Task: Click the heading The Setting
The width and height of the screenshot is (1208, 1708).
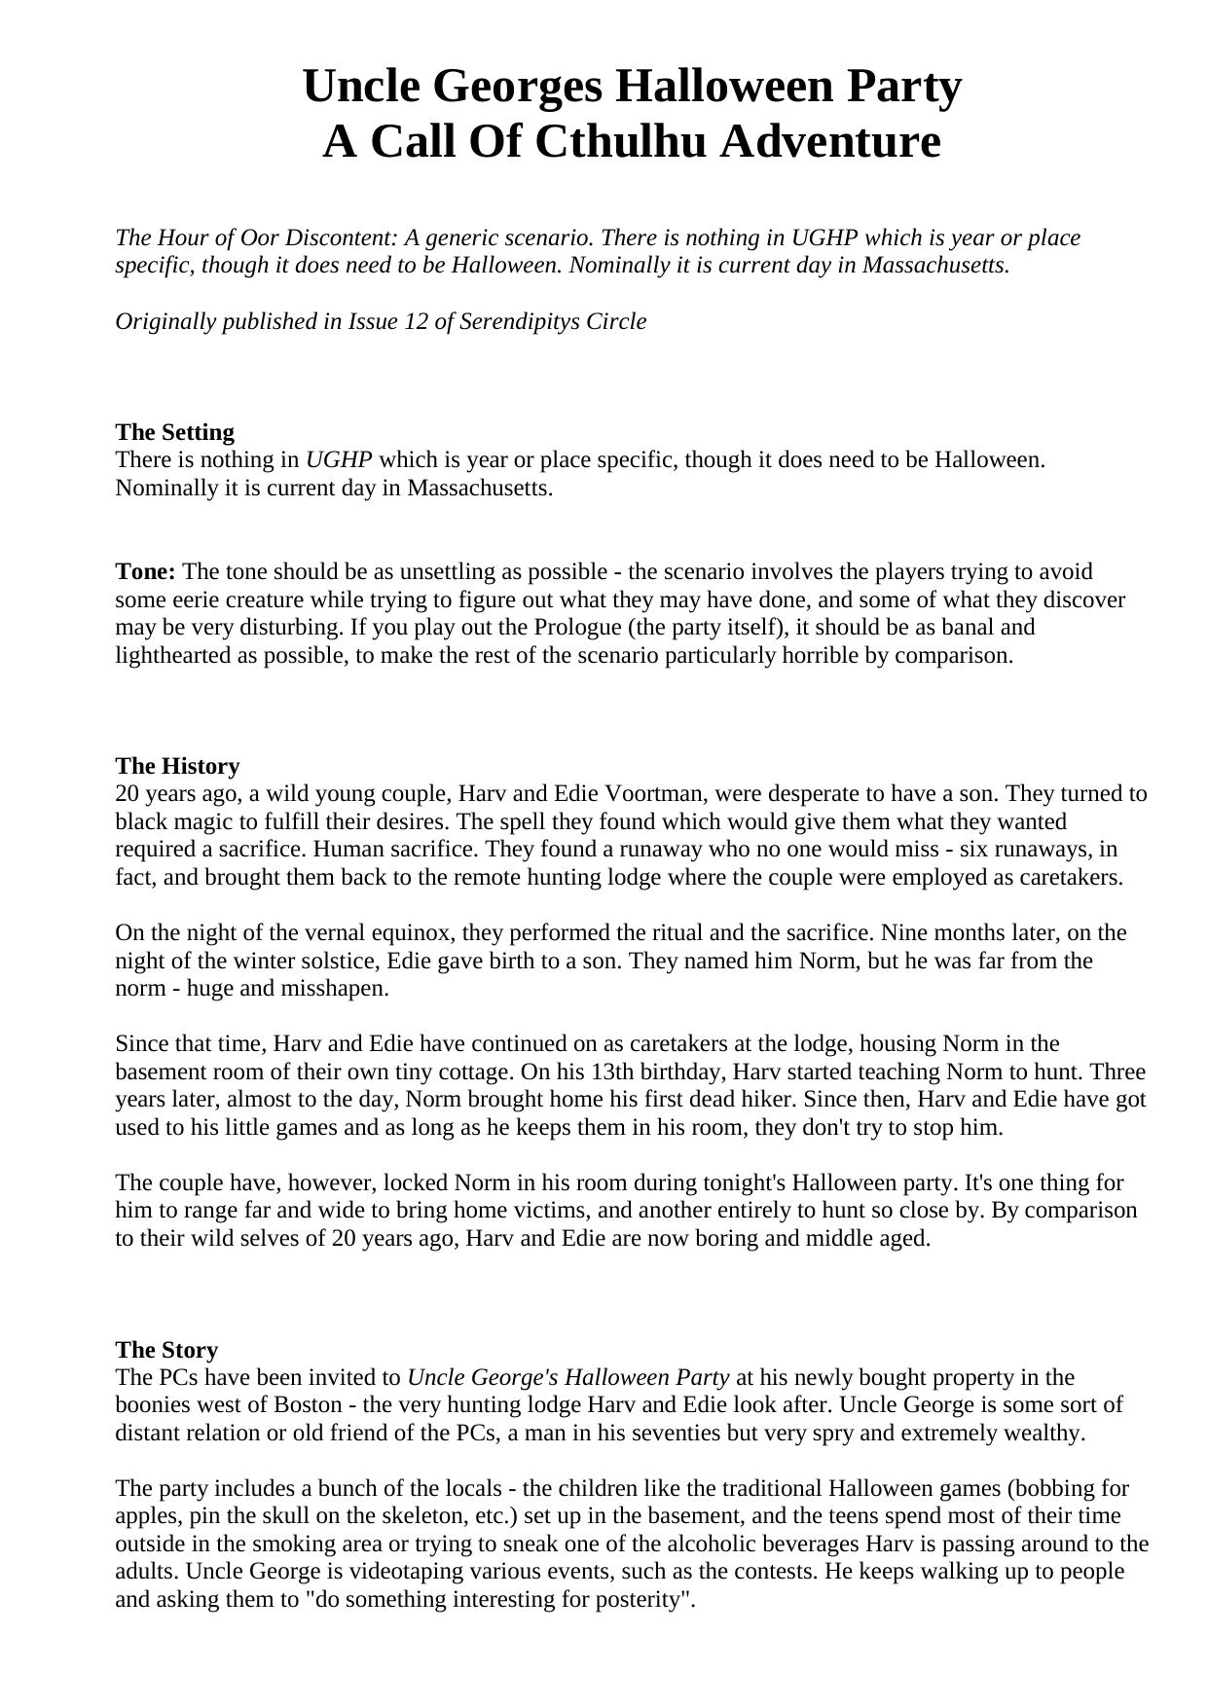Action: (175, 432)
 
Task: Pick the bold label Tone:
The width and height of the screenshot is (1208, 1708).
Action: (146, 571)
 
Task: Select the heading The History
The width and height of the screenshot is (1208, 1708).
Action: (177, 766)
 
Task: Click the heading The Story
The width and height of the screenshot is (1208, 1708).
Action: (166, 1350)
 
